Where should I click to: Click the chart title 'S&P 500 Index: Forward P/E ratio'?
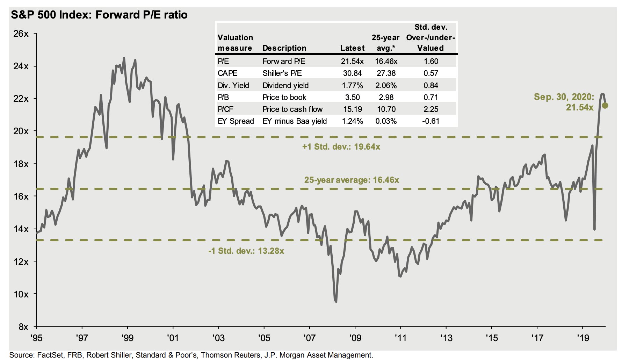(99, 15)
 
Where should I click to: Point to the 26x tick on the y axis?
(21, 34)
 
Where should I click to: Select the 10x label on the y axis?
(21, 294)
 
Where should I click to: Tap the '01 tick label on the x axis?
(173, 338)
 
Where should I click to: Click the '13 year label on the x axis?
(446, 338)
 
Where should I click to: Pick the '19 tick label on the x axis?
(583, 338)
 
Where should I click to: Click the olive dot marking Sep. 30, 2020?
(605, 105)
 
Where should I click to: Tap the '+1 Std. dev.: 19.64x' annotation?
(341, 147)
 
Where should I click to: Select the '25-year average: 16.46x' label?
(352, 180)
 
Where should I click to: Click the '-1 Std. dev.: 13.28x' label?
(246, 251)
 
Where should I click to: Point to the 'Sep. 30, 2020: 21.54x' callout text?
(564, 102)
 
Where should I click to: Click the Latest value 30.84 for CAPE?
(352, 73)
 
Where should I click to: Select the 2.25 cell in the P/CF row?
(431, 109)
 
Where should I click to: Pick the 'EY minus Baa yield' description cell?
(295, 121)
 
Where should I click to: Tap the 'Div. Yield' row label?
(233, 86)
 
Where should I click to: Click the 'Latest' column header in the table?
(352, 48)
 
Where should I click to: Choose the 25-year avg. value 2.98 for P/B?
(386, 98)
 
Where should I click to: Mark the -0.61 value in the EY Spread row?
(431, 121)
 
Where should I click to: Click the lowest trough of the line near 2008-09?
(336, 301)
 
